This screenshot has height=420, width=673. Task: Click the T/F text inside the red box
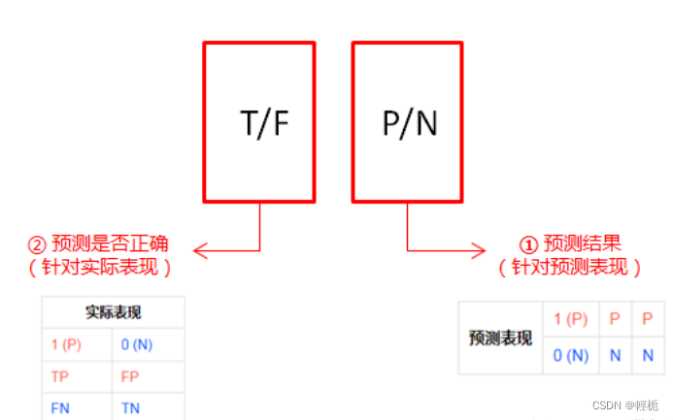(x=264, y=123)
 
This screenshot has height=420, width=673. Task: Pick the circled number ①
(x=529, y=243)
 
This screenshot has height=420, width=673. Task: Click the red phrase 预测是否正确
(x=113, y=243)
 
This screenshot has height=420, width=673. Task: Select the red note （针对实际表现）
(x=101, y=267)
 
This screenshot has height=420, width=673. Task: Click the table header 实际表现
(x=114, y=313)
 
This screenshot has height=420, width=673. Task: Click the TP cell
(x=61, y=376)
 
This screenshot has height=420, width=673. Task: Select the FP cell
(x=132, y=376)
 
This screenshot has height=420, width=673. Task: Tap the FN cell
(x=61, y=408)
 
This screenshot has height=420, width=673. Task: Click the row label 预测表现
(x=500, y=338)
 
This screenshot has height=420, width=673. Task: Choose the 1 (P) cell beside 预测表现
(x=571, y=319)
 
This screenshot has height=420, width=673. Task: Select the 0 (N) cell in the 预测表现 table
(x=571, y=355)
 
